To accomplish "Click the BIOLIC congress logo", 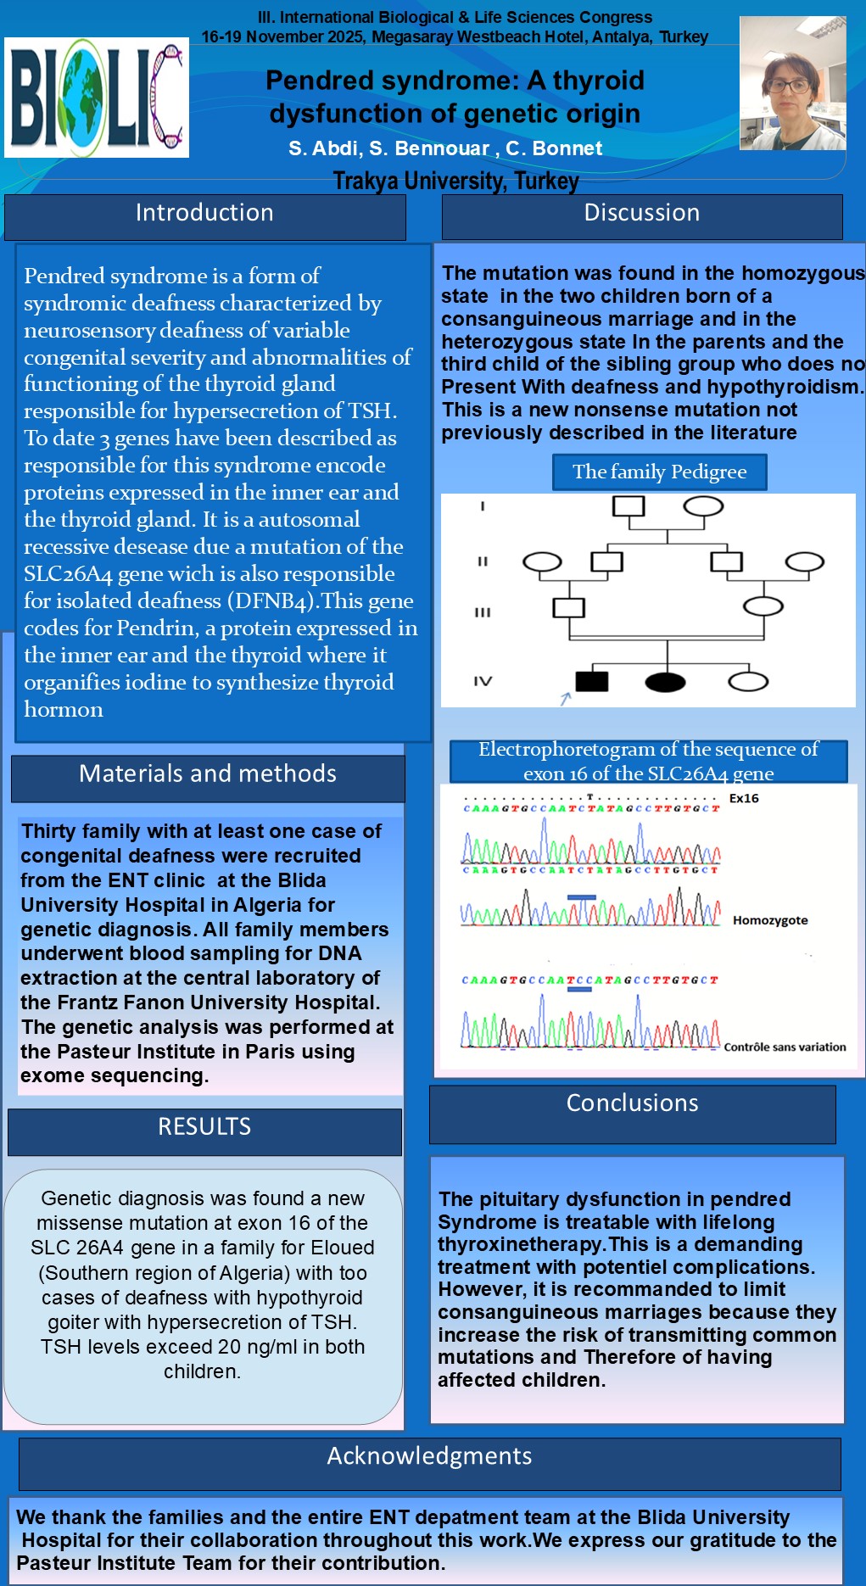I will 97,98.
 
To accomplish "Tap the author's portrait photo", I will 792,84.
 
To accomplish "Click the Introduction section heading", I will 204,214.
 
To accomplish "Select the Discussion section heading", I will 642,214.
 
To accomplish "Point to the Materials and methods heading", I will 208,774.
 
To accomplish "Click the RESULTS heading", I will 204,1127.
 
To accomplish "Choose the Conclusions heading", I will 633,1103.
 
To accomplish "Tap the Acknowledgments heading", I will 429,1456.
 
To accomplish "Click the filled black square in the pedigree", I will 591,681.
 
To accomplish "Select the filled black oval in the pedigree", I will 665,682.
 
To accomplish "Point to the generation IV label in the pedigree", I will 483,681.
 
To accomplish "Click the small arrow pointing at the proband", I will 566,698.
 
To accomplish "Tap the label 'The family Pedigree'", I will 660,472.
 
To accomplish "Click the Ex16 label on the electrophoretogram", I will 744,799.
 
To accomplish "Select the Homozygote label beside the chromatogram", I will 770,921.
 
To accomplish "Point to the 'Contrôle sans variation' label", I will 785,1047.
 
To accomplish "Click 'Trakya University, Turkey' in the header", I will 456,181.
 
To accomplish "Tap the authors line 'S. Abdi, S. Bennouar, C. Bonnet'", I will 445,149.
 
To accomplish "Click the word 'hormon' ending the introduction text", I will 64,710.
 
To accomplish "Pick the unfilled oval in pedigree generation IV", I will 748,682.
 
